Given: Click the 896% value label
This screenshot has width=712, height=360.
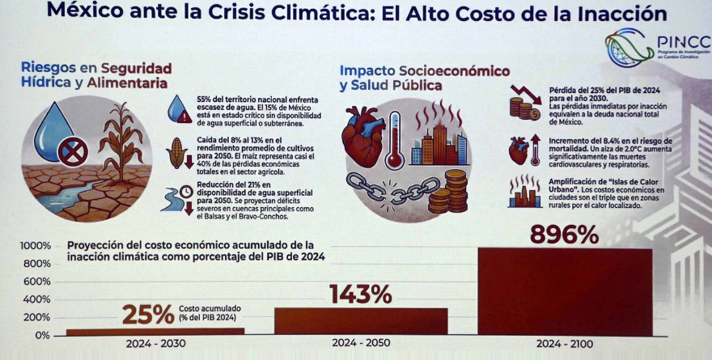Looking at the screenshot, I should (564, 235).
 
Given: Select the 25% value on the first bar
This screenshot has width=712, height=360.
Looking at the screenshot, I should (148, 314).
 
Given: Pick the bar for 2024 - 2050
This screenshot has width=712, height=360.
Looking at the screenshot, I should (362, 320).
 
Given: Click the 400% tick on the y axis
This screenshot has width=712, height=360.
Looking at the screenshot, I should (37, 299).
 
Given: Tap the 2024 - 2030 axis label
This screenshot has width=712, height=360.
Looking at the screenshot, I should (155, 344).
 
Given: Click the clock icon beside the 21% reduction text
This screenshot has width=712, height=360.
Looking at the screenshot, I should (186, 191).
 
